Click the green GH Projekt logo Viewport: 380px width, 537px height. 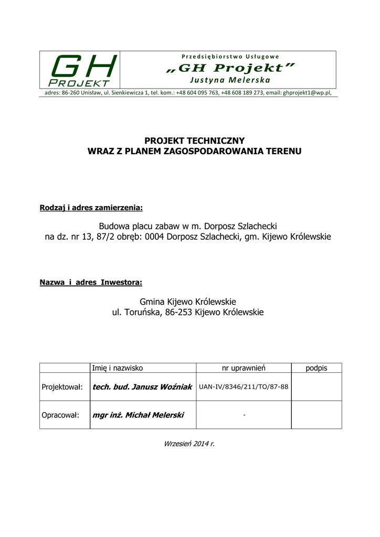(80, 70)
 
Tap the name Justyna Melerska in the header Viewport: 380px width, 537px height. (230, 80)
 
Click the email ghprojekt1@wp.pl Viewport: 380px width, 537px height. (307, 92)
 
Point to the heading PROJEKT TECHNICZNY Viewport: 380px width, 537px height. (194, 141)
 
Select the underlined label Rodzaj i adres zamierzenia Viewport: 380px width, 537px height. (91, 208)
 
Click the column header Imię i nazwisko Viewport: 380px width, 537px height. (118, 368)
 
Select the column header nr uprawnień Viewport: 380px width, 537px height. (244, 368)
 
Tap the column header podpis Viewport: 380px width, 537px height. (316, 368)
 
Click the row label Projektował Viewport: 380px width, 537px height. (62, 387)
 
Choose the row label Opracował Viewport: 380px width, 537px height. (60, 415)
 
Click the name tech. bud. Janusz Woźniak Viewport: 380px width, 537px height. (142, 387)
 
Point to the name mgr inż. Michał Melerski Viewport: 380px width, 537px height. (138, 415)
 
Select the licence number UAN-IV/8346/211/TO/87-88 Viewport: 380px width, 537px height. (244, 387)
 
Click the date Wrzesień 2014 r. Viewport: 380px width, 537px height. (189, 444)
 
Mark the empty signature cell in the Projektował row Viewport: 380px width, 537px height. (316, 387)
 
